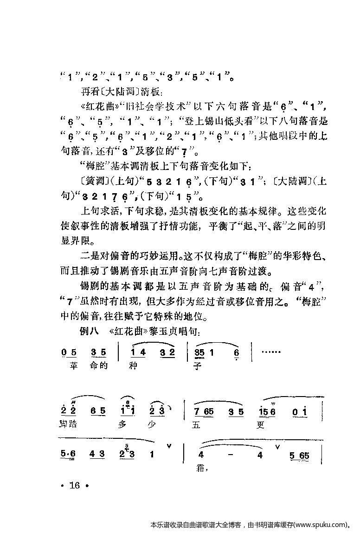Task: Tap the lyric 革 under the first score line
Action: click(71, 365)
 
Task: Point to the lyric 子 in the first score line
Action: click(200, 365)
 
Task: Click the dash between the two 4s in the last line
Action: click(230, 455)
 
